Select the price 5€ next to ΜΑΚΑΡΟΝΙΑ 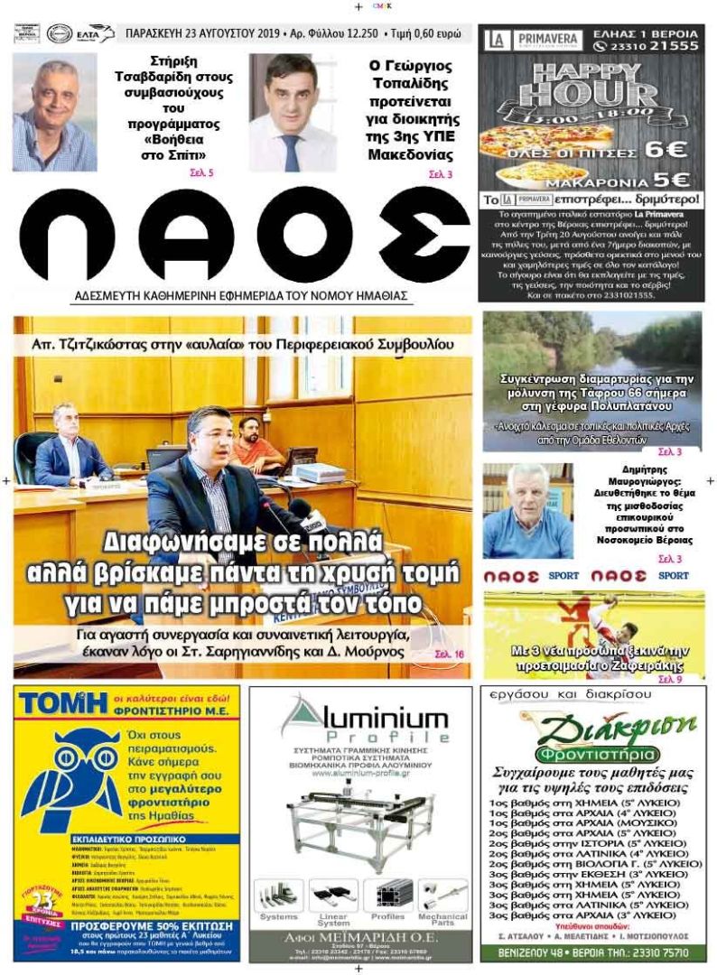[x=667, y=180]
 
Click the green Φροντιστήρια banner [x=591, y=754]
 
